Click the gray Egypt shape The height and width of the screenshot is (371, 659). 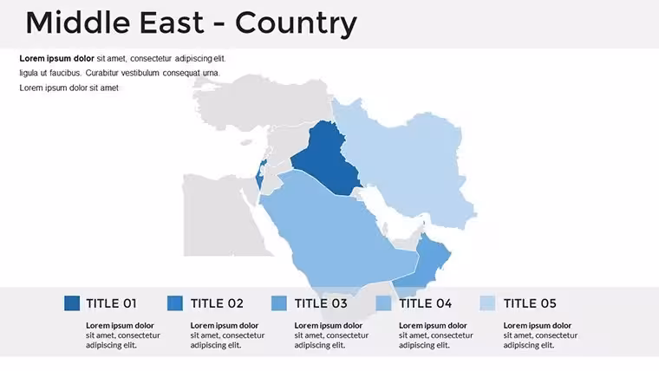219,214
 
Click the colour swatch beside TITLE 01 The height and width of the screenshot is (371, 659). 72,303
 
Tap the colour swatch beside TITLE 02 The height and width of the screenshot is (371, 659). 175,303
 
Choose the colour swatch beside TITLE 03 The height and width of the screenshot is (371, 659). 279,303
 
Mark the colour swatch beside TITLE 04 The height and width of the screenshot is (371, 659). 383,303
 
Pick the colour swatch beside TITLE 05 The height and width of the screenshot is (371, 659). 487,303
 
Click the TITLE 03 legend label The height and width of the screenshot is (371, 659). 321,303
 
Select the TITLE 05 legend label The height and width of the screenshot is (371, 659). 530,303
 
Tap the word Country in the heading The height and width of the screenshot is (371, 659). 296,23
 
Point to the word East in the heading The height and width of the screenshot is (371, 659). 172,23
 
